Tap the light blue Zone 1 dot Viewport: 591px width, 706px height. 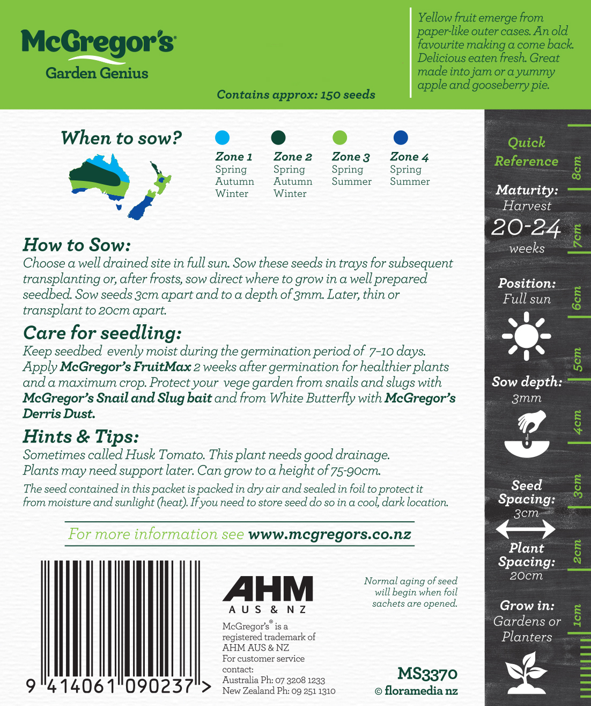(x=222, y=137)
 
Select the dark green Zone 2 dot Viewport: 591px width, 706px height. (x=278, y=137)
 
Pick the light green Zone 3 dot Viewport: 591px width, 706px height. (x=339, y=137)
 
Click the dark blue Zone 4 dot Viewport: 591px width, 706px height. (x=401, y=137)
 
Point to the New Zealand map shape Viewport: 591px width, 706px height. (x=150, y=191)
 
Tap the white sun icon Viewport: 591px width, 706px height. (x=526, y=337)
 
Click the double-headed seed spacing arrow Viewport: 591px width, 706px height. (x=526, y=529)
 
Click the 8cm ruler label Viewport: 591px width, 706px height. (x=577, y=168)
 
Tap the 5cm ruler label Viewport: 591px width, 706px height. (x=577, y=360)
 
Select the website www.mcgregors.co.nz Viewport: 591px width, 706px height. (x=330, y=534)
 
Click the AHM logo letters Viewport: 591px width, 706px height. (x=268, y=589)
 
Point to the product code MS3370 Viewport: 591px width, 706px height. (x=427, y=674)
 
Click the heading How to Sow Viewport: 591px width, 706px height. (x=77, y=245)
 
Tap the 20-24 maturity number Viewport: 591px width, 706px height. (x=526, y=228)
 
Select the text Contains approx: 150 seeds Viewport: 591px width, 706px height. (x=296, y=95)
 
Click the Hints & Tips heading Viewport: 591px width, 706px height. (x=81, y=436)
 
